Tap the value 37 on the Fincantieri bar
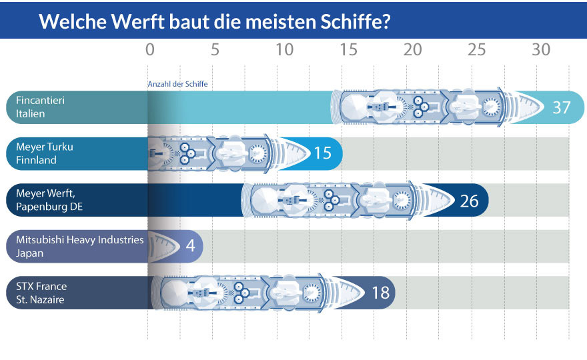click(562, 107)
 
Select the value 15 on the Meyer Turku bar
click(322, 153)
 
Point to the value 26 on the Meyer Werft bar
click(469, 200)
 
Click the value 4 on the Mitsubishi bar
click(190, 246)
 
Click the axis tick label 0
click(150, 50)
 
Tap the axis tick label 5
click(215, 50)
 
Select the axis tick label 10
click(284, 50)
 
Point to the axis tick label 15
click(348, 50)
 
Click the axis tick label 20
click(413, 50)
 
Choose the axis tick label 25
click(476, 50)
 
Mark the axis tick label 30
click(541, 50)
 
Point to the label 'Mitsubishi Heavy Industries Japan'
click(79, 246)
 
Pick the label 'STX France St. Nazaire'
click(41, 293)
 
